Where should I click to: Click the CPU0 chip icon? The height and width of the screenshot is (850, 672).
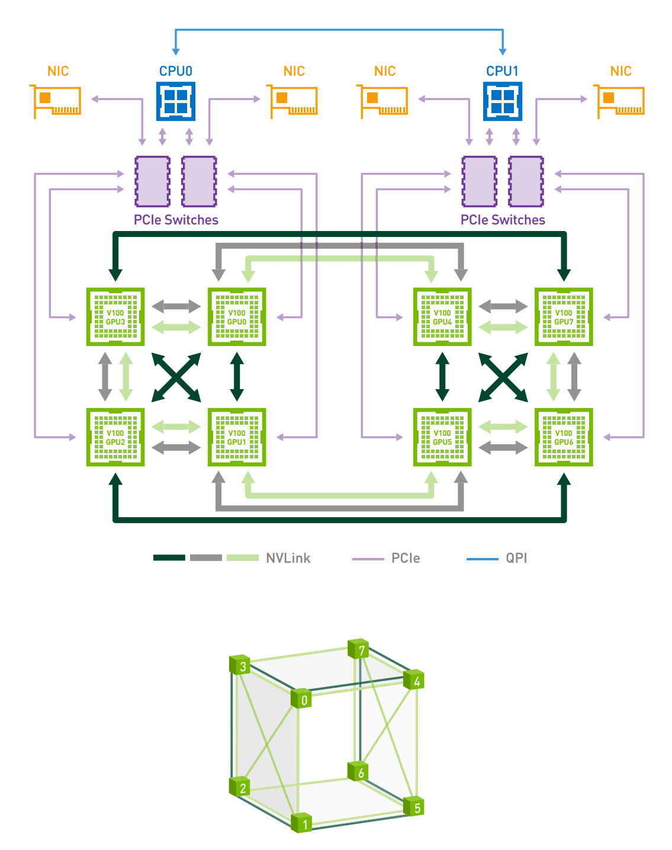176,101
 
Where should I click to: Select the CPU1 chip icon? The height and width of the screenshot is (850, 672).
503,101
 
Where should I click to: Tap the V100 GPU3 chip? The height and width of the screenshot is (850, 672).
115,317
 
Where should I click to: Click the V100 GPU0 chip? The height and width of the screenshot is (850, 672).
237,317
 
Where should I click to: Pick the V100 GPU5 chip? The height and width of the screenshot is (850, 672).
442,437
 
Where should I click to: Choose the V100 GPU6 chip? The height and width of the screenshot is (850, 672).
564,437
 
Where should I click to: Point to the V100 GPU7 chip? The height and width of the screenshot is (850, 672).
564,317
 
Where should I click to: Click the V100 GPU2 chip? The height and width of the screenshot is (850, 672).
115,437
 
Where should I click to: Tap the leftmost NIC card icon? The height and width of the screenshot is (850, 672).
56,101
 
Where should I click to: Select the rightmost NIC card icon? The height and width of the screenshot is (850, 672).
620,101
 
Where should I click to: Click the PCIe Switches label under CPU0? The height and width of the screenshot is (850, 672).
176,220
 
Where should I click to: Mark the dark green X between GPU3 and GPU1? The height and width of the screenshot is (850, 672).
176,377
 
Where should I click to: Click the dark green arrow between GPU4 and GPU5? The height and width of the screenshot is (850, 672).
442,377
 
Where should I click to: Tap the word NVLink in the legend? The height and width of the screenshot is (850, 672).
288,558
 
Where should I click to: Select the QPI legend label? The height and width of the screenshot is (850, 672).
516,558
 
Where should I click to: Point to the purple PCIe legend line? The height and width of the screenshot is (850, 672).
368,559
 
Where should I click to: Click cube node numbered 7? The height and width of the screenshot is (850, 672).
359,649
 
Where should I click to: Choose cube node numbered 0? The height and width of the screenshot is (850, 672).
301,699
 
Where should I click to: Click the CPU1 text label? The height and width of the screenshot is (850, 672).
503,71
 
